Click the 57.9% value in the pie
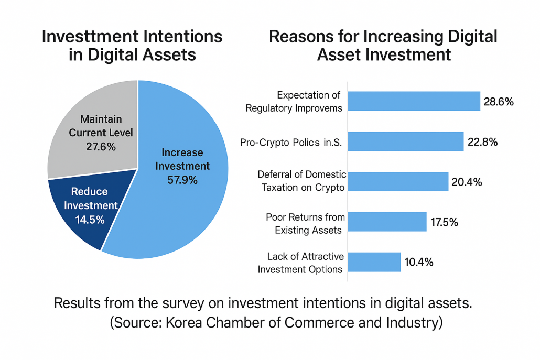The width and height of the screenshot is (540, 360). coord(182,180)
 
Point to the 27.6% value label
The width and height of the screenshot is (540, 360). coord(101,147)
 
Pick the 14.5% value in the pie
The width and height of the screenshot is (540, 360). coord(90,220)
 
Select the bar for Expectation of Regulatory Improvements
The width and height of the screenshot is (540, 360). coord(414,101)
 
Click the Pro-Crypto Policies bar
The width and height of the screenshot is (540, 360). coord(405,141)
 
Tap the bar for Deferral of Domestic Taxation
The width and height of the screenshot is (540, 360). coord(398,182)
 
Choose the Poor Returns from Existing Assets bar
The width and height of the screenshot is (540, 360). coord(387,222)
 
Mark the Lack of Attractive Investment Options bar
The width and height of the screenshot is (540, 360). coord(374,262)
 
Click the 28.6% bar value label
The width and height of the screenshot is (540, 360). coord(499,102)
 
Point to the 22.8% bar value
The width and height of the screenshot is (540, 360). coord(482,142)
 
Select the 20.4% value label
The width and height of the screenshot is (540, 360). coord(467,182)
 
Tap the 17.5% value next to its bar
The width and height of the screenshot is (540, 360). coord(444,222)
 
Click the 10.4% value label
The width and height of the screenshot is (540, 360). coord(419,262)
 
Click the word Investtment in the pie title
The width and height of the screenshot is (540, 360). coord(90,37)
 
